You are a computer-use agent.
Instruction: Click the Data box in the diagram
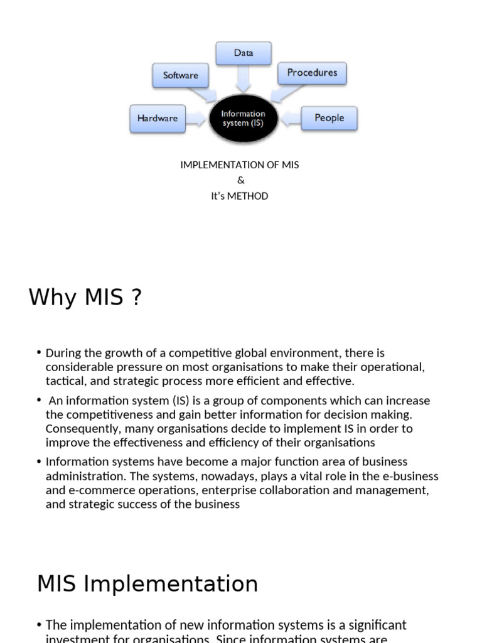click(244, 53)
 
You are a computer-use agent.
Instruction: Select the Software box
click(180, 75)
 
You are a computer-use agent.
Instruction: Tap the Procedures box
click(312, 73)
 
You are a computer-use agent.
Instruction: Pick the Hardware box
click(158, 118)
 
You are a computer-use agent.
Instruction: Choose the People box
click(329, 118)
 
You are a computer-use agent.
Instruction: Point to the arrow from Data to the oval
click(244, 78)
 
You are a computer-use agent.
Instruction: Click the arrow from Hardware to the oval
click(196, 118)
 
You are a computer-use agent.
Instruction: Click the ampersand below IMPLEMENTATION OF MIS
click(241, 181)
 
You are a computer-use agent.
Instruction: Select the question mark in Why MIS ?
click(136, 297)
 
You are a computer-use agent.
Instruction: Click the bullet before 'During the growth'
click(39, 353)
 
